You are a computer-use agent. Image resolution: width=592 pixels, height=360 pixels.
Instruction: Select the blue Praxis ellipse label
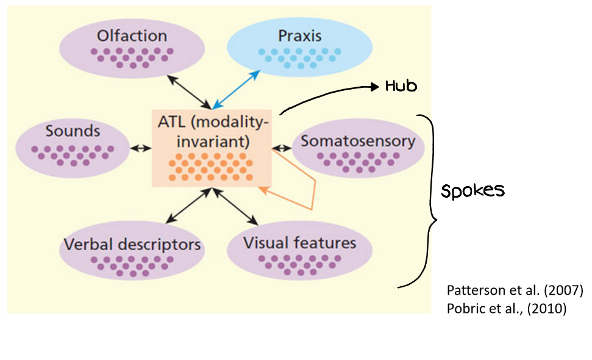tap(299, 35)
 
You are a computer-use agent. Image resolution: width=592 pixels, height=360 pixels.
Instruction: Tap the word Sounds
tap(72, 131)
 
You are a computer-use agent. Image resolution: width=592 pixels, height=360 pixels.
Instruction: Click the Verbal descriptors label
tap(132, 245)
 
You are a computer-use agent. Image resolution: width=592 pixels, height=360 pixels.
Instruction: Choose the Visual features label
tap(299, 242)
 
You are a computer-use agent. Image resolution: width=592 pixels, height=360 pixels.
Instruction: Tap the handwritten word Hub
tap(401, 87)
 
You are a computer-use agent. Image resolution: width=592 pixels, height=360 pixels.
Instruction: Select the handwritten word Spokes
tap(473, 191)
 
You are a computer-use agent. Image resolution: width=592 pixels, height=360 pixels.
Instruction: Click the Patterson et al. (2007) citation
tap(515, 291)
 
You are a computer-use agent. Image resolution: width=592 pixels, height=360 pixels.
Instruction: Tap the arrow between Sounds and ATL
tap(141, 148)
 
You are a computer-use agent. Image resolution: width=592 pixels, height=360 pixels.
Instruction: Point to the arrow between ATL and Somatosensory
tap(282, 147)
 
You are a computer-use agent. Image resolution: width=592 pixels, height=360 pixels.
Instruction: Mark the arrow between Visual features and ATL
tap(235, 206)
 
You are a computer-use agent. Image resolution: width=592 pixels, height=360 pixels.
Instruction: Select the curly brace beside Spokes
tap(430, 201)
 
